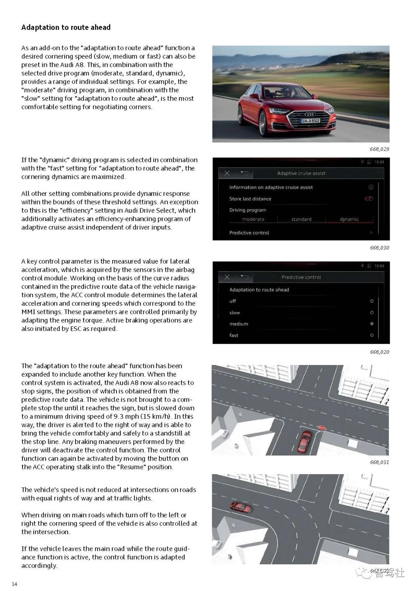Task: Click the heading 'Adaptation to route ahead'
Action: (66, 27)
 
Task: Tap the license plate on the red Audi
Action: (311, 121)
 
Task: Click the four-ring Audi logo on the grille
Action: (310, 114)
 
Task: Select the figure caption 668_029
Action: (379, 149)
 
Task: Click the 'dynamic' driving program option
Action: (349, 219)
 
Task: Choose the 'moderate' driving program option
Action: (253, 219)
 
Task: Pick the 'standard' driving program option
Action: (301, 219)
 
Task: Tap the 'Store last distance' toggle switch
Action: (369, 199)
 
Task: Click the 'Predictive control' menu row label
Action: (249, 233)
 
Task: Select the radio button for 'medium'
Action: (372, 324)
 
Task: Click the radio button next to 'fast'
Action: (372, 335)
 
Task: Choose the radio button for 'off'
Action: (372, 301)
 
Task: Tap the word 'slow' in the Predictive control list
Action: (235, 312)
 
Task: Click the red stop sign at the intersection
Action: (322, 428)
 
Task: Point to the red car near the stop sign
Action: (304, 442)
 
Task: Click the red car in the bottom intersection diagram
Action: (241, 507)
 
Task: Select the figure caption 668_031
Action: (379, 462)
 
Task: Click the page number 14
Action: (14, 584)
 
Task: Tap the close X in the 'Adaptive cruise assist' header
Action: (227, 173)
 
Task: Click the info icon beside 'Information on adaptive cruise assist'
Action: (371, 187)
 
